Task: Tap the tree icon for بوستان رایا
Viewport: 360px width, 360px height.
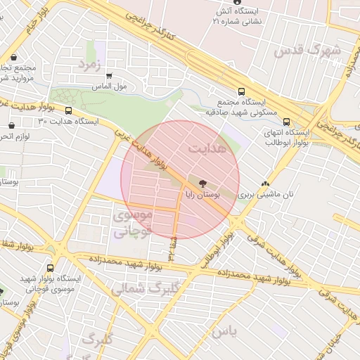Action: coord(202,181)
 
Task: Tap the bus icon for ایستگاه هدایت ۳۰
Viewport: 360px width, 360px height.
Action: coord(68,111)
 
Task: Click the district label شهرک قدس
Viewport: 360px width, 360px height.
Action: coord(318,51)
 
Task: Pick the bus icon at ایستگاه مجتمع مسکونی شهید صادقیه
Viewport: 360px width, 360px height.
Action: coord(242,91)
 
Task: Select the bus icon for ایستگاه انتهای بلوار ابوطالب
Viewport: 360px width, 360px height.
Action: coord(286,122)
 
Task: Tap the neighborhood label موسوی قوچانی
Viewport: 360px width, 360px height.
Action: coord(131,222)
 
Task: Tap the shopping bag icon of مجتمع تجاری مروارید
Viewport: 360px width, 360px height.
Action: coord(14,57)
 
